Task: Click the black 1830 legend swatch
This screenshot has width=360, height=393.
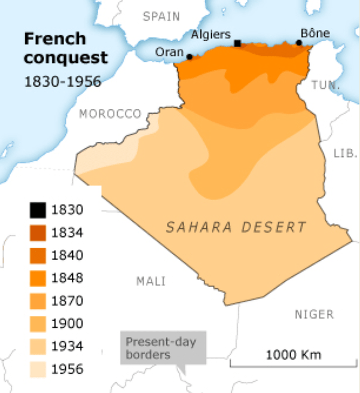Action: (x=36, y=210)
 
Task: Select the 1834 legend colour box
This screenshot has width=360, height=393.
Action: (x=36, y=233)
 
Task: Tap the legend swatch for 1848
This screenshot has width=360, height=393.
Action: (x=36, y=278)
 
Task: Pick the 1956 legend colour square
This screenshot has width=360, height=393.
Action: (x=36, y=369)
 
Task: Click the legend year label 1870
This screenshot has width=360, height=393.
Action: (x=67, y=301)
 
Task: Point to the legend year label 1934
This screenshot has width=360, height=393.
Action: (x=67, y=346)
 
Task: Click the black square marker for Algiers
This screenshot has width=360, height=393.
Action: (x=237, y=44)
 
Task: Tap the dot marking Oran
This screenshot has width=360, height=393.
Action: (x=190, y=57)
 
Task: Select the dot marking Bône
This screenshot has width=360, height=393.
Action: (x=299, y=43)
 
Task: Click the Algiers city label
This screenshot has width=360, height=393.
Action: (x=210, y=35)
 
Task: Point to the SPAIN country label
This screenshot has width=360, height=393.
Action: (x=161, y=17)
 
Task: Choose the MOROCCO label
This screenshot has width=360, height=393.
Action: (x=111, y=114)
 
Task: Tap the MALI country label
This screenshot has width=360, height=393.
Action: (x=151, y=281)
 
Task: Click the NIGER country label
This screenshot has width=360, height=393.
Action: (x=314, y=314)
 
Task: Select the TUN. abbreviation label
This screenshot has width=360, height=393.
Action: (x=326, y=86)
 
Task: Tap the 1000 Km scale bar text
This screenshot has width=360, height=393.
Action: (x=293, y=354)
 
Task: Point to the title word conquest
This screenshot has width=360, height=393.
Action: (x=66, y=58)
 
